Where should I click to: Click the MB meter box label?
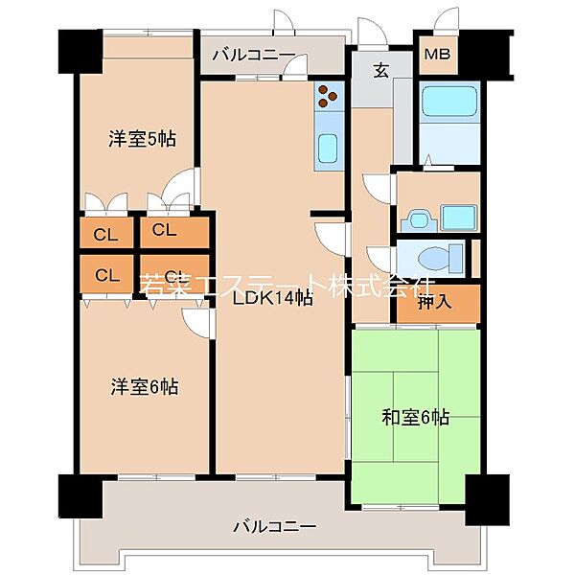coord(438,54)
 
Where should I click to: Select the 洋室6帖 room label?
coord(144,387)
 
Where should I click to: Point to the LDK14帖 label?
coord(273,297)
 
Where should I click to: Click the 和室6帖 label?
coord(415,417)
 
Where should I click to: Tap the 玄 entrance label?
coord(380,69)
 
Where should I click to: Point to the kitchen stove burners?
coord(329,95)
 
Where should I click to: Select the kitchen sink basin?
coord(328,149)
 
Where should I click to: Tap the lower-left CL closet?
coord(106,275)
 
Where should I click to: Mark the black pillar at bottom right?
coord(484,496)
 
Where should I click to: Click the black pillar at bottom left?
coord(79,496)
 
